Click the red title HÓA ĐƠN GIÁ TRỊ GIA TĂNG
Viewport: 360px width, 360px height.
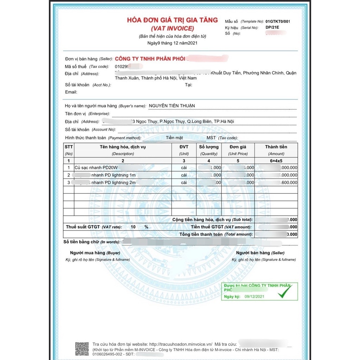click(172, 20)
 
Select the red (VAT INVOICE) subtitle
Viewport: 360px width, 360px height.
click(172, 28)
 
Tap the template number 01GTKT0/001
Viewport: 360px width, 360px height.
click(278, 21)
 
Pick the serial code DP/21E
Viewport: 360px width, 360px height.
click(272, 27)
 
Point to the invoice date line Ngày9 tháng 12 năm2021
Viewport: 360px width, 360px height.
click(172, 43)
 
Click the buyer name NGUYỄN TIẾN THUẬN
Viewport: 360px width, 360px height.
click(172, 106)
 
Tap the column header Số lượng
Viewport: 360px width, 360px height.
click(208, 147)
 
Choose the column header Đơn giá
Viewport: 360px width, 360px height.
click(238, 147)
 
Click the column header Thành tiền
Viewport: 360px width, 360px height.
click(276, 147)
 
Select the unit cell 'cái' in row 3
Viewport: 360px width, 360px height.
click(184, 183)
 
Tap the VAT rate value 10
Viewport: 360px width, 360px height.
click(133, 227)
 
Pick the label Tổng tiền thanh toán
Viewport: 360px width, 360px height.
click(201, 234)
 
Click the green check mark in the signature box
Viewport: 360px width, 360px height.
click(285, 292)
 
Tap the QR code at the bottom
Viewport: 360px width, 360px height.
click(82, 348)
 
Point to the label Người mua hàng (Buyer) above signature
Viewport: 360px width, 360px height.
click(95, 253)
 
